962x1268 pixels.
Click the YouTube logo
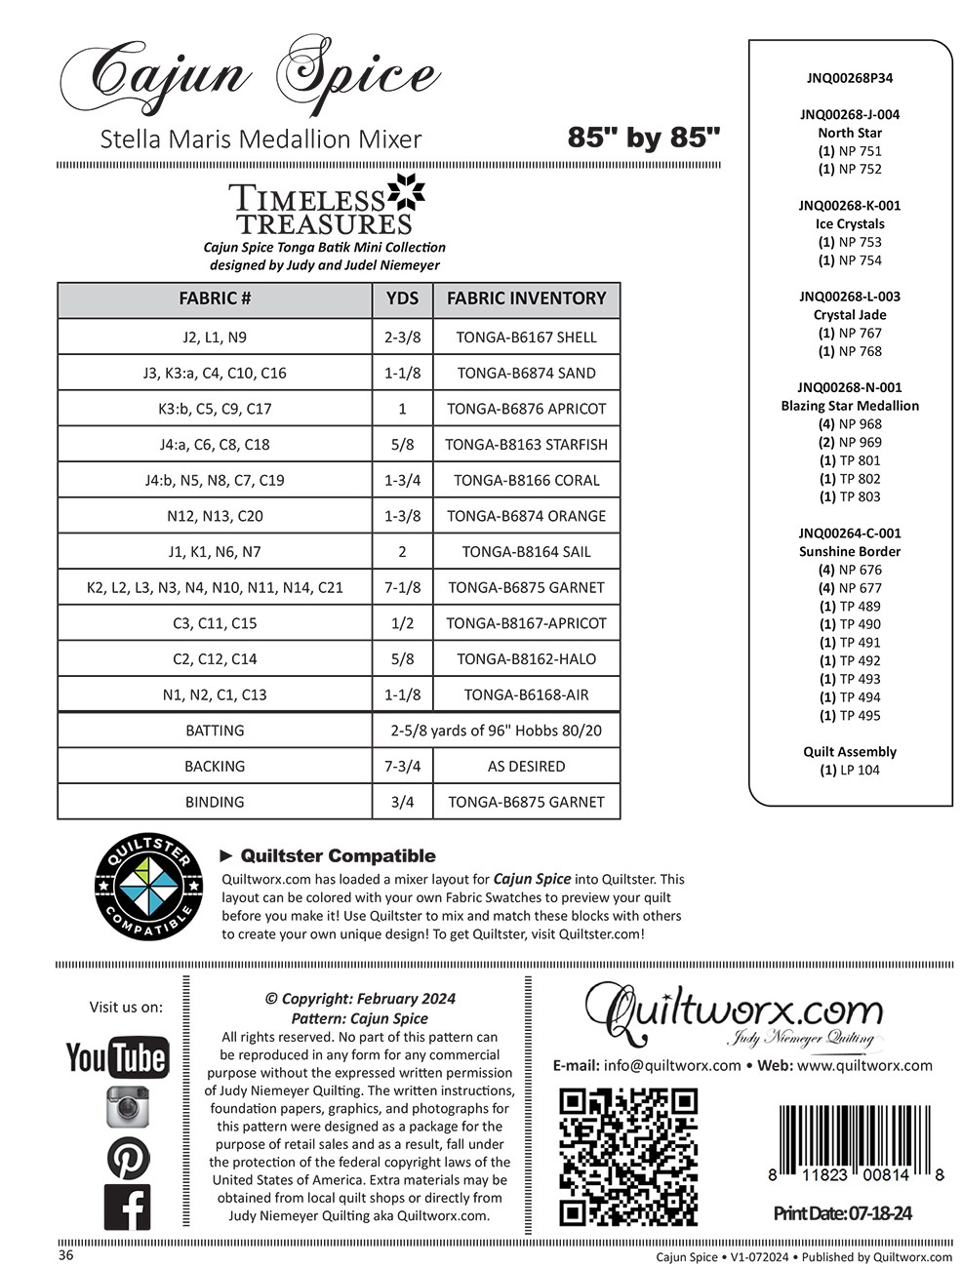[x=116, y=1057]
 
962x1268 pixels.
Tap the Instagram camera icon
[x=127, y=1107]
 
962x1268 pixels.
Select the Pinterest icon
[x=128, y=1158]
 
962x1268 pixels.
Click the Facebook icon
[x=128, y=1208]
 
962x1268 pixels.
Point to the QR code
[x=628, y=1158]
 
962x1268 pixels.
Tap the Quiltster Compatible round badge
[x=148, y=889]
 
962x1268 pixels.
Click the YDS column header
[x=402, y=299]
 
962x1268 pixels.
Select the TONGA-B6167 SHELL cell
[x=526, y=337]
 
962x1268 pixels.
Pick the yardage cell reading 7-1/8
[x=402, y=587]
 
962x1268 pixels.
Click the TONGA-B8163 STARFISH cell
[x=526, y=445]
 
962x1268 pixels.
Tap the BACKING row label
[x=215, y=767]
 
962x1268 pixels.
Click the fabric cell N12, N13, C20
[x=215, y=516]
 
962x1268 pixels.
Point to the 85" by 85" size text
[x=644, y=138]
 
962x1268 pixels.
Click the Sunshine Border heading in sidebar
[x=850, y=551]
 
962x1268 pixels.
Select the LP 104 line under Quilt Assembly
[x=850, y=770]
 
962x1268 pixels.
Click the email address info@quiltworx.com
[x=672, y=1065]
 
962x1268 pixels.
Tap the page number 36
[x=65, y=1255]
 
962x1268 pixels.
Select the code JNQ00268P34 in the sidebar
[x=850, y=78]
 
